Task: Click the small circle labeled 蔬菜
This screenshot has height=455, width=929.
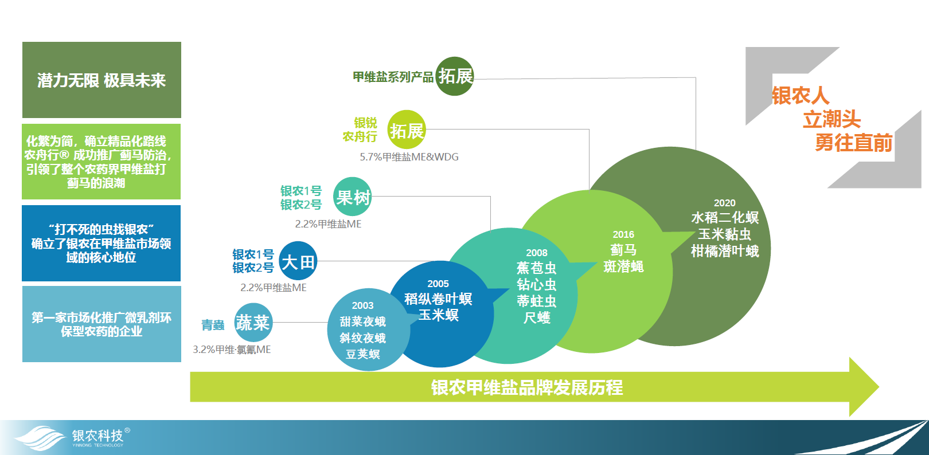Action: (253, 323)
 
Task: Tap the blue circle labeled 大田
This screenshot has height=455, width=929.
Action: (298, 261)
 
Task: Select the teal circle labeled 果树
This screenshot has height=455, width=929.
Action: (353, 197)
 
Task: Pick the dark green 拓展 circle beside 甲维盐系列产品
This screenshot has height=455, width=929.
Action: (455, 76)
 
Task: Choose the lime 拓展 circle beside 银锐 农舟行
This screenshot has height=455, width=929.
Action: (407, 130)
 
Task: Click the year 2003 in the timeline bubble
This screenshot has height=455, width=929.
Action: (362, 305)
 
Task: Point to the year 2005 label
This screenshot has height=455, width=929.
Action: (438, 284)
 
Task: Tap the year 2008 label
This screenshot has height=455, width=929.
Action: (537, 253)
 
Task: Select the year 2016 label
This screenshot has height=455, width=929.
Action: (623, 234)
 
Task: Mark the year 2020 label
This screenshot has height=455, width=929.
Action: (724, 203)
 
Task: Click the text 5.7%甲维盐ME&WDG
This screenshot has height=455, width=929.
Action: (409, 157)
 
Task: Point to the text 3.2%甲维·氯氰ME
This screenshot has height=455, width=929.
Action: (232, 350)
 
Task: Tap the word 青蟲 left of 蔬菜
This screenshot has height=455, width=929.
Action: (213, 325)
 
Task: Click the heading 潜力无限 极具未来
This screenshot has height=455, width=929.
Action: (102, 80)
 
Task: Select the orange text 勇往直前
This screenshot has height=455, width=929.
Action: (853, 143)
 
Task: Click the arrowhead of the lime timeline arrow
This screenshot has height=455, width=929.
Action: (879, 387)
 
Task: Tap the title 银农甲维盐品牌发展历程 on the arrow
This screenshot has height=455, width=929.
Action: (526, 387)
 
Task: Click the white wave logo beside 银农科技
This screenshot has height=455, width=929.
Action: (40, 438)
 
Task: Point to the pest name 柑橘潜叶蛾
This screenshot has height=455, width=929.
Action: (724, 251)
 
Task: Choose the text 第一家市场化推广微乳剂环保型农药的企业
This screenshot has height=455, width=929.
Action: (102, 324)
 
